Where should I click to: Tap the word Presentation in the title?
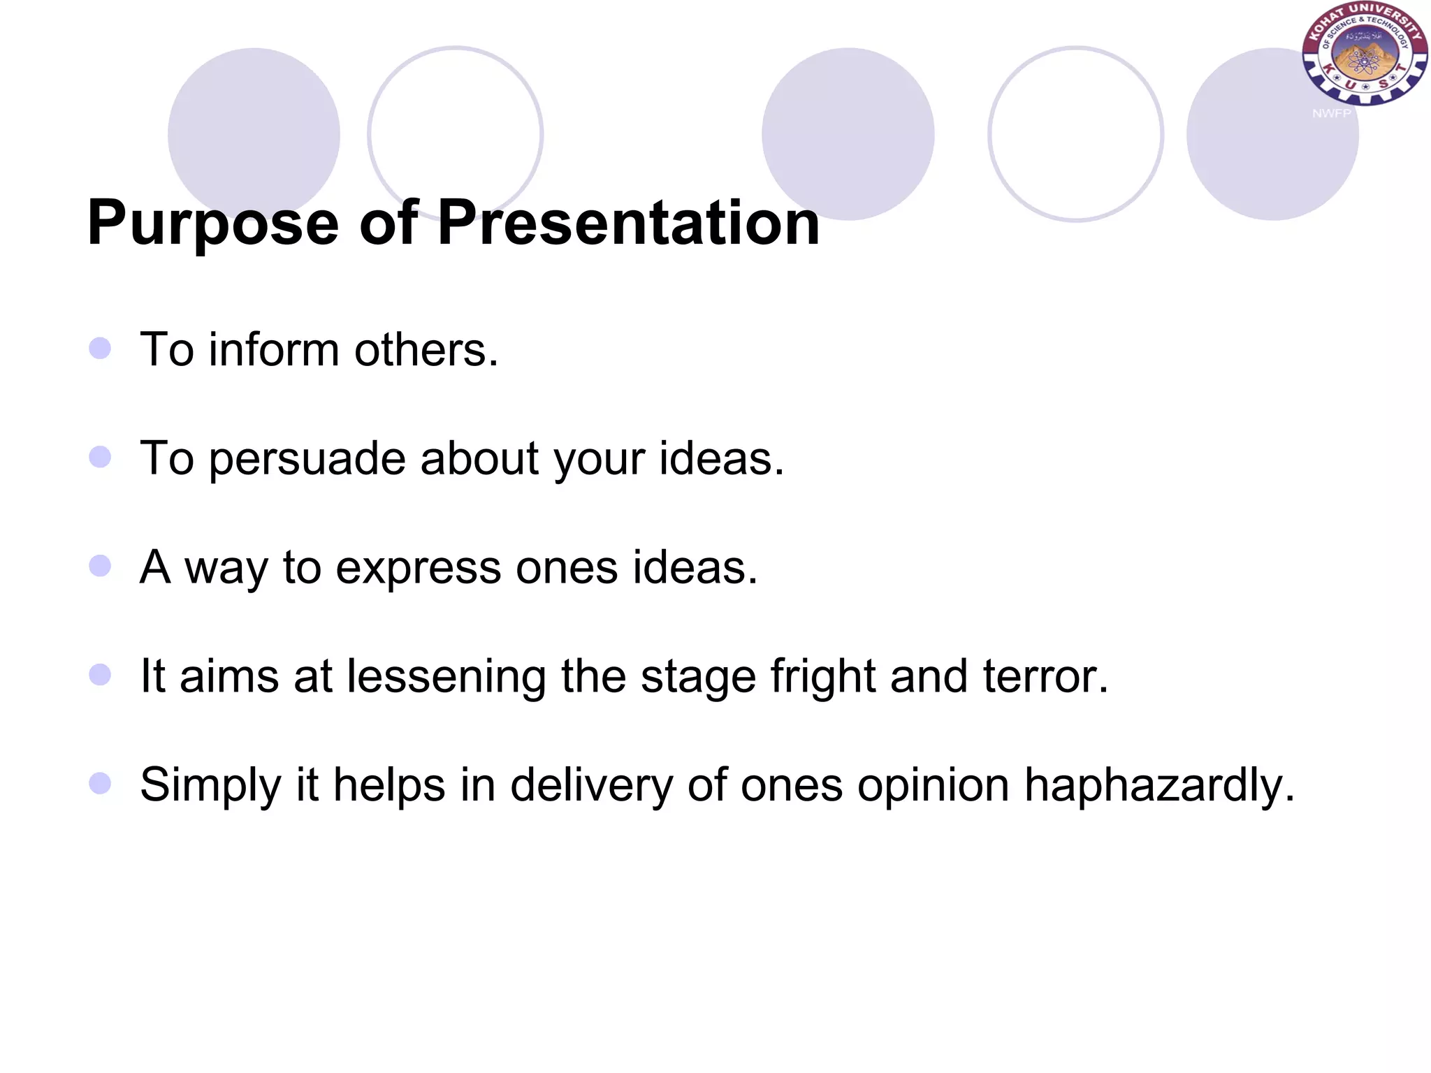(628, 224)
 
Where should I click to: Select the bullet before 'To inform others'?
(100, 348)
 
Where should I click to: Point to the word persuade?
(307, 460)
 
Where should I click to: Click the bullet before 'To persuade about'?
(100, 457)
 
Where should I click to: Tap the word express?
(418, 568)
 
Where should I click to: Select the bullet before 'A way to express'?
(100, 565)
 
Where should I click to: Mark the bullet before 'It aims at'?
(100, 674)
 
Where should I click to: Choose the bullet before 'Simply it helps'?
(100, 783)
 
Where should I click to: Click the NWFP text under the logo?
(1331, 113)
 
